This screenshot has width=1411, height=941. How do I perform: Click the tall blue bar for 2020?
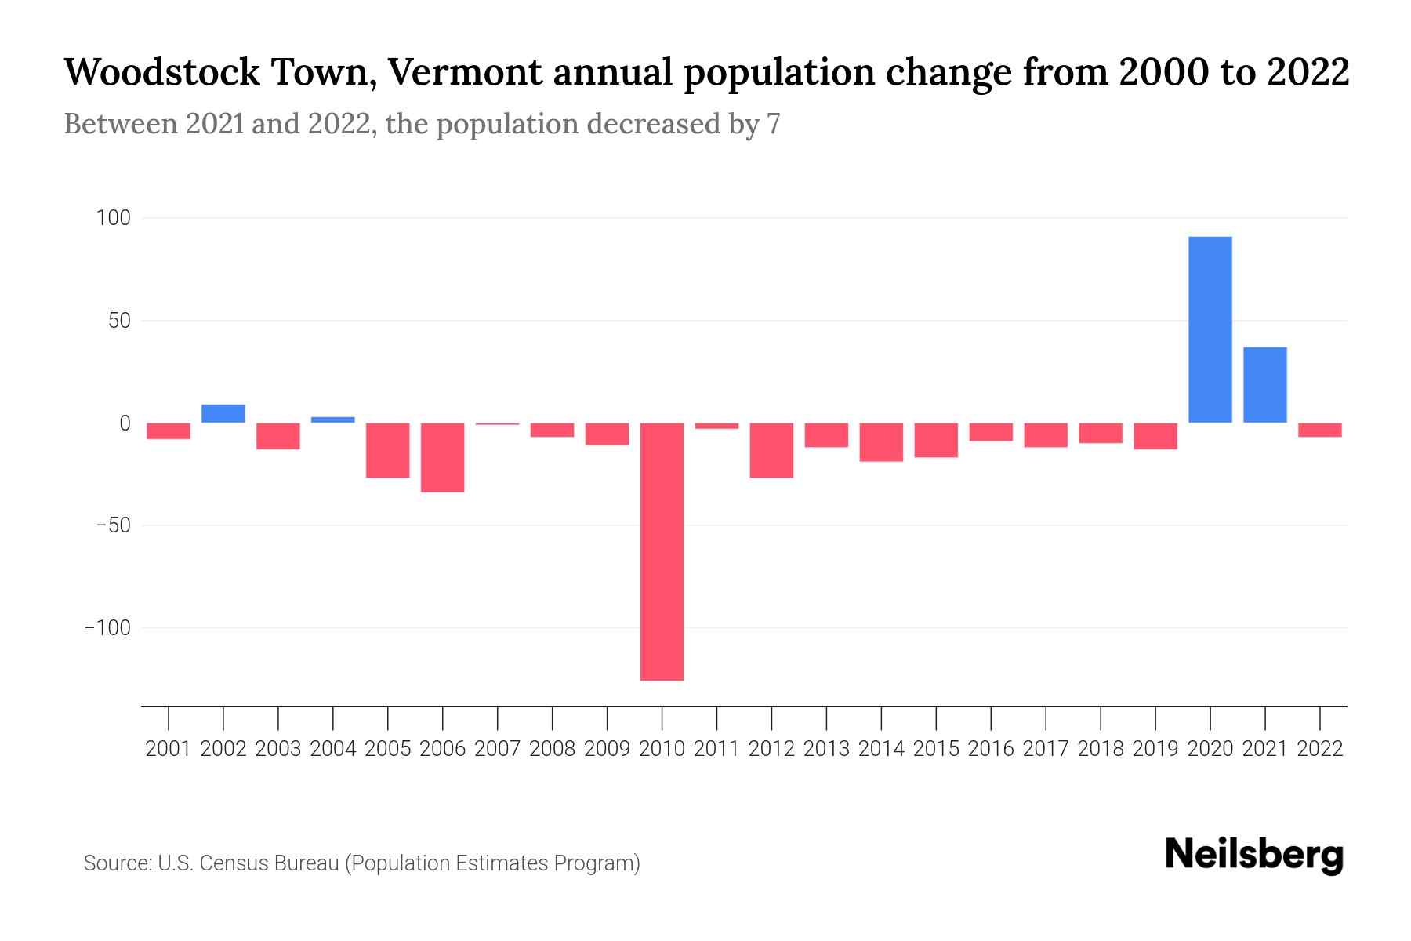[x=1210, y=329]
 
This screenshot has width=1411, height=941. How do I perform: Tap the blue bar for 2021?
[x=1264, y=384]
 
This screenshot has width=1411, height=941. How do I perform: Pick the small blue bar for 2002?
[x=223, y=413]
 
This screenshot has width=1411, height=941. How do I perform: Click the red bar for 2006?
[x=443, y=457]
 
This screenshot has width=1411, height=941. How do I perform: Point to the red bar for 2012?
[x=771, y=450]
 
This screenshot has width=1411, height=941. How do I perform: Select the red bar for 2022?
[x=1319, y=430]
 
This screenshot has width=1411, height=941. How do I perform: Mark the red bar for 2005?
[x=388, y=450]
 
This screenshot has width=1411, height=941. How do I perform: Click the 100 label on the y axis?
[x=113, y=218]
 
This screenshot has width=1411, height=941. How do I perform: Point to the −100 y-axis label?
[x=107, y=628]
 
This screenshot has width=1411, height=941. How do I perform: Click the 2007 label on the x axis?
[x=497, y=749]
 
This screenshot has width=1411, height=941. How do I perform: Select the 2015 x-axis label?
[x=936, y=749]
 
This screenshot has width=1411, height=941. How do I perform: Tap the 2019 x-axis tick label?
[x=1155, y=749]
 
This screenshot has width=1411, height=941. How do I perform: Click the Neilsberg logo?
[x=1254, y=855]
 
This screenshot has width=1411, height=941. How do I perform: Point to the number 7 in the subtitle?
[x=773, y=124]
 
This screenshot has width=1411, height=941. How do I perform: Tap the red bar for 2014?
[x=881, y=442]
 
